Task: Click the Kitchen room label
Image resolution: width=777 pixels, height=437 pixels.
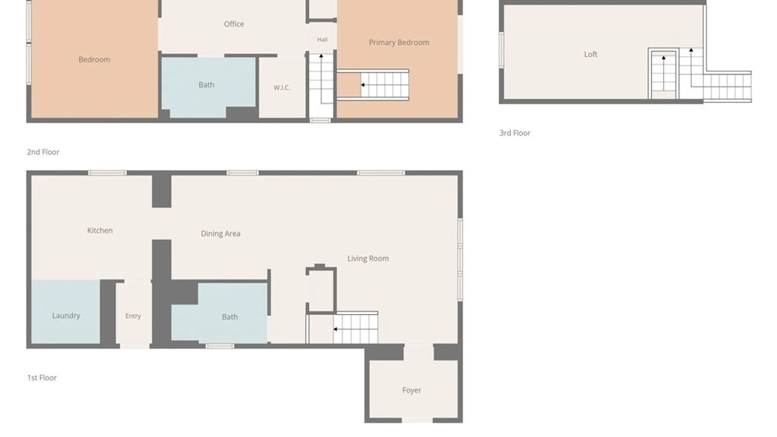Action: click(x=100, y=231)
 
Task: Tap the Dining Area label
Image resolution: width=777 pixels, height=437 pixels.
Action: click(x=221, y=233)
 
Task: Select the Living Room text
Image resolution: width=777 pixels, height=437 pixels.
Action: click(x=368, y=259)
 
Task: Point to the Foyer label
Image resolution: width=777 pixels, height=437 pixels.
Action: click(x=412, y=390)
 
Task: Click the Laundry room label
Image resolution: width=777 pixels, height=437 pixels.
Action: click(x=66, y=316)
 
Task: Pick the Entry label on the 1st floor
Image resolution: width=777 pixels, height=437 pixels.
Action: click(x=133, y=316)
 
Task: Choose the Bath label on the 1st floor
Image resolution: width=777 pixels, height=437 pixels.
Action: click(x=230, y=317)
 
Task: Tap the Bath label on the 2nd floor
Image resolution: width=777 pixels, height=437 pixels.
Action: click(x=206, y=85)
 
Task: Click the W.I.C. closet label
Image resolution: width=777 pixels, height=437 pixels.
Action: click(x=282, y=88)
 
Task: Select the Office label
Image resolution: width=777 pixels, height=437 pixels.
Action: click(x=234, y=24)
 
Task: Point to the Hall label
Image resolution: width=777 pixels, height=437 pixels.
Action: click(x=322, y=40)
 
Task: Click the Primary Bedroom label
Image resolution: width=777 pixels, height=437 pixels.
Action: click(x=399, y=42)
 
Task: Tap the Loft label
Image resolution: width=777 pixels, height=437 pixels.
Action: click(x=590, y=54)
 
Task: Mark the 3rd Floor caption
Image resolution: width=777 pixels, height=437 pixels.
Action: click(x=515, y=133)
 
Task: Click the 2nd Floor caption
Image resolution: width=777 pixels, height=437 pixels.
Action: click(x=43, y=152)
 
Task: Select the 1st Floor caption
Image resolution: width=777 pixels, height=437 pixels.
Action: click(x=42, y=378)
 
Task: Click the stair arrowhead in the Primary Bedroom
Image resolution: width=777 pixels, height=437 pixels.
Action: click(x=363, y=85)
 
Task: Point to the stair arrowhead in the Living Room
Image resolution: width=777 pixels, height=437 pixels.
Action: click(x=335, y=329)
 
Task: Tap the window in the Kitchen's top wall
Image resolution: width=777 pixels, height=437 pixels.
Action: click(x=107, y=173)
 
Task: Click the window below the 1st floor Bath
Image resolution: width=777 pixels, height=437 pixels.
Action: click(x=220, y=346)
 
